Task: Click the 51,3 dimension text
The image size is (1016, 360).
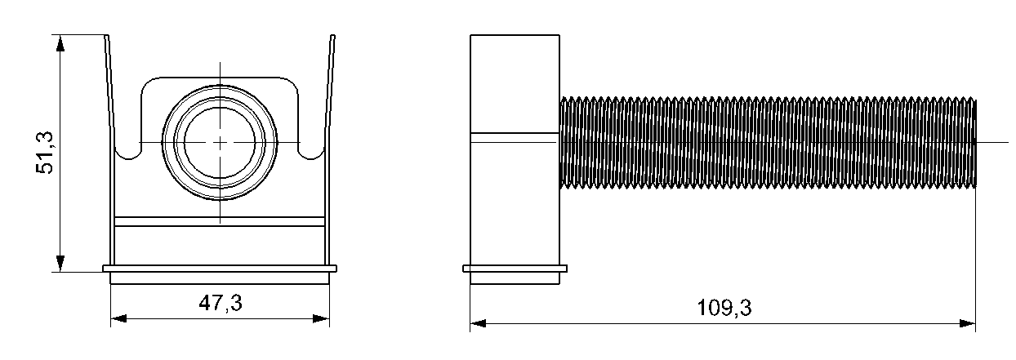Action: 45,153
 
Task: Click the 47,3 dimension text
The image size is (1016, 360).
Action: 221,303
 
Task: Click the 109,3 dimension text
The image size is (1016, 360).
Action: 724,308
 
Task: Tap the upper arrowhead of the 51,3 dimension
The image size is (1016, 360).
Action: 60,43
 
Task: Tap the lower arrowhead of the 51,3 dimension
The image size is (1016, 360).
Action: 60,264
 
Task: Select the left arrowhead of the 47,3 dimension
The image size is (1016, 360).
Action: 119,319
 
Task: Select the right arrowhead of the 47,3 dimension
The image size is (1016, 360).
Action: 321,319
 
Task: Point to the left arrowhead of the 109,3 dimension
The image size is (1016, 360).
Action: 478,324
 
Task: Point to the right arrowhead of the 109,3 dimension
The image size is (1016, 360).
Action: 968,324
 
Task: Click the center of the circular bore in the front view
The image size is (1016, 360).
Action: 220,142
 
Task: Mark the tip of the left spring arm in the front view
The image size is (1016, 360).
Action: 107,35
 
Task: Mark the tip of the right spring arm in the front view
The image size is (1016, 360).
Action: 333,35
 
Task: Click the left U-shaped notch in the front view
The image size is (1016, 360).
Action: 129,152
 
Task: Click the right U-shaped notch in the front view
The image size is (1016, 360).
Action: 312,152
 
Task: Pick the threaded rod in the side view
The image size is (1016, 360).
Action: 768,142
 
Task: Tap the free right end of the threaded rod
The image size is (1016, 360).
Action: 976,142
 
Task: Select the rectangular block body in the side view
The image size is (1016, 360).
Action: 515,150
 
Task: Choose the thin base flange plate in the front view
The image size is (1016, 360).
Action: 220,269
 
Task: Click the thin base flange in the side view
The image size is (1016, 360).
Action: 515,269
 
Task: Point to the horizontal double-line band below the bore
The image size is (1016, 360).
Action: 220,221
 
